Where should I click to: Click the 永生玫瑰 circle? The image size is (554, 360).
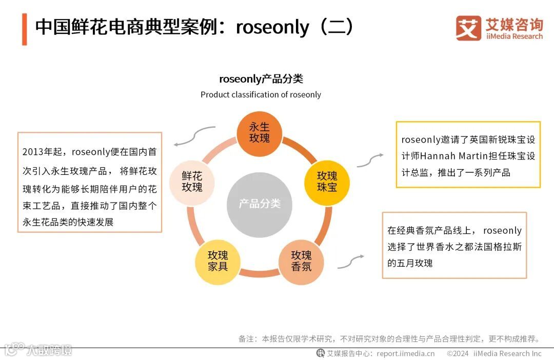point(259,133)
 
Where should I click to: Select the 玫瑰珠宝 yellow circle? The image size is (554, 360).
point(327,181)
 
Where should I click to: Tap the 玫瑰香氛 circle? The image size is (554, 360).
point(301,261)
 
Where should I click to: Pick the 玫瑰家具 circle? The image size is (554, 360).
point(217,261)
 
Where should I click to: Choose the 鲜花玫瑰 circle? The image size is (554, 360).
point(192,182)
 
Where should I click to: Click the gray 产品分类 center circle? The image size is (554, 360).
point(260,204)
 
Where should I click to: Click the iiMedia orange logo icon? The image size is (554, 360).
point(468,28)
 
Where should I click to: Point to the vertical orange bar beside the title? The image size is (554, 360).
point(24,29)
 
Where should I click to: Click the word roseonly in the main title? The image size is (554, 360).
point(272,27)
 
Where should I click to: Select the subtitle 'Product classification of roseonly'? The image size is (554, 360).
point(261,94)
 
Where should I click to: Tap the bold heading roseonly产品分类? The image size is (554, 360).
point(261,79)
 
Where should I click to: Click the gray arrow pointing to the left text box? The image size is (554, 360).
point(193,136)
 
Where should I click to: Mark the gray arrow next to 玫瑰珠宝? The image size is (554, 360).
point(370,160)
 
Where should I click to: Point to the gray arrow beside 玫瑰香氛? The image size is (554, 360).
point(350,262)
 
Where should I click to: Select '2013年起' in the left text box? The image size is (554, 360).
point(44,152)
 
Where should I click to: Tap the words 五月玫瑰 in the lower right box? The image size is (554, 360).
point(415,263)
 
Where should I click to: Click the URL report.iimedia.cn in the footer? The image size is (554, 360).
point(405,353)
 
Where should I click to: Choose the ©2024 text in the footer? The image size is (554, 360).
point(458,353)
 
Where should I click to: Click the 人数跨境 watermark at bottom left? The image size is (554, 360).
point(50,350)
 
